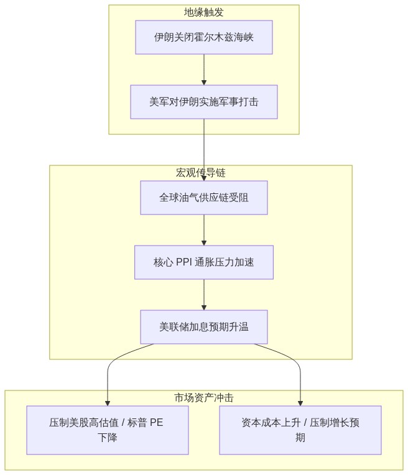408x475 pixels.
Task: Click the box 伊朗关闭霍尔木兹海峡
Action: click(x=204, y=37)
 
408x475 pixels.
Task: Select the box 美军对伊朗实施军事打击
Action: click(x=204, y=102)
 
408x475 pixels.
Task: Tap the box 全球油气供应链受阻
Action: click(x=204, y=198)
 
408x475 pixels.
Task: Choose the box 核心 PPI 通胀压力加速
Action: click(x=204, y=262)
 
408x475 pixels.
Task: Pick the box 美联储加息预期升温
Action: click(x=204, y=327)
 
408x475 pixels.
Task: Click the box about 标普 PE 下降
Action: click(x=108, y=430)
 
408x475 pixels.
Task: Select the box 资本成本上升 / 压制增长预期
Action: click(x=300, y=430)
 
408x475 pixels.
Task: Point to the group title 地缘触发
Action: click(x=204, y=12)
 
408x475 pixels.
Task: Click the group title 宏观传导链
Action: click(x=201, y=173)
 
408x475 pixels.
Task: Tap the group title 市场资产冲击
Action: click(x=204, y=398)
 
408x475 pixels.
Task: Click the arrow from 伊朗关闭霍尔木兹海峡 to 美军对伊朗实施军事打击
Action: click(x=204, y=70)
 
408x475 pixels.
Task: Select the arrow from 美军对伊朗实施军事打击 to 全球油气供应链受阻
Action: click(x=204, y=150)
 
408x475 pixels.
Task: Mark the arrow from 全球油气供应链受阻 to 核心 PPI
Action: click(x=204, y=230)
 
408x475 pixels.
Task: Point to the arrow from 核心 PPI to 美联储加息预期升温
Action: click(x=204, y=295)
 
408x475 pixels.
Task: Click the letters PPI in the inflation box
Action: click(x=183, y=262)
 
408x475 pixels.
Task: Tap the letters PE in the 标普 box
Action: click(x=156, y=422)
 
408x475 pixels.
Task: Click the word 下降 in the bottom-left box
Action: click(x=108, y=438)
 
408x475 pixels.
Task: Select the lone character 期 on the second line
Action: click(x=300, y=438)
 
